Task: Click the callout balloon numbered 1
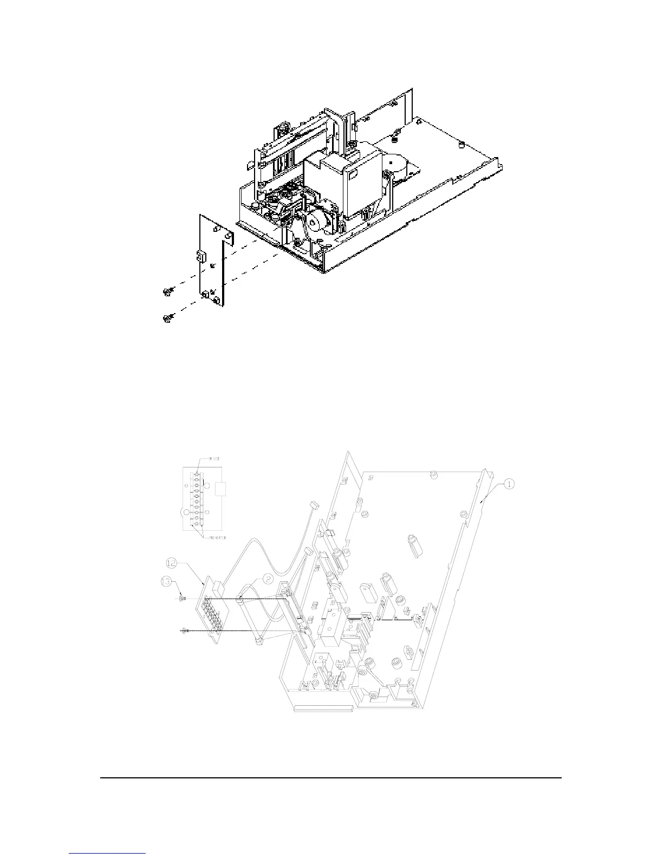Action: [x=509, y=485]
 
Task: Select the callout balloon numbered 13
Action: [x=167, y=582]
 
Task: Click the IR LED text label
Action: [x=205, y=459]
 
